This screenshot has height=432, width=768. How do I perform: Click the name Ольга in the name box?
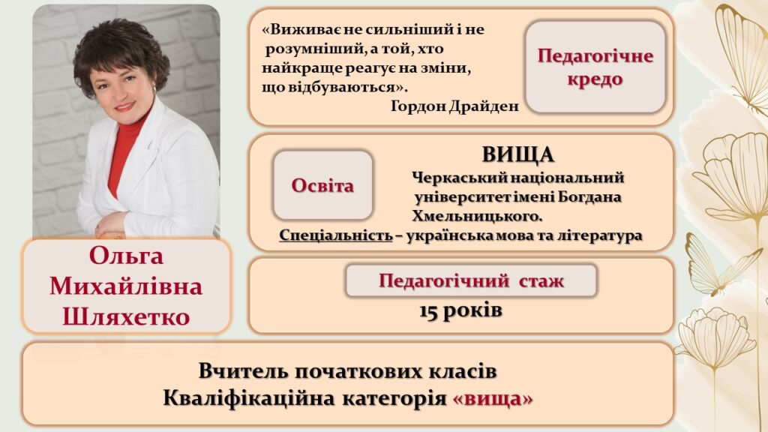(x=126, y=256)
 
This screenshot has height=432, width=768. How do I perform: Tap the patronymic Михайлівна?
(x=126, y=286)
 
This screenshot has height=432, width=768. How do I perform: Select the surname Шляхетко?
(x=126, y=316)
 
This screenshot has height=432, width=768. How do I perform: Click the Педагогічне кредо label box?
(x=595, y=67)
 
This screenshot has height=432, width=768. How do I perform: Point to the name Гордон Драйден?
(x=454, y=106)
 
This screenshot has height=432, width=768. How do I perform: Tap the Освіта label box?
(x=322, y=185)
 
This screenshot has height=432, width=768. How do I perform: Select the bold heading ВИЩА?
(x=517, y=154)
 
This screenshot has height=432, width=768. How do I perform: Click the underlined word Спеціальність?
(x=336, y=235)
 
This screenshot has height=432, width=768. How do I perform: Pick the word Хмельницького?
(x=476, y=216)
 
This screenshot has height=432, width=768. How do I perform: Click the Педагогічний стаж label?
(x=471, y=280)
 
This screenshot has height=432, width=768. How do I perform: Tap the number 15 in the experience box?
(x=428, y=311)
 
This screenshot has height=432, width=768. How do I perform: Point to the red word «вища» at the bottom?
(x=493, y=399)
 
